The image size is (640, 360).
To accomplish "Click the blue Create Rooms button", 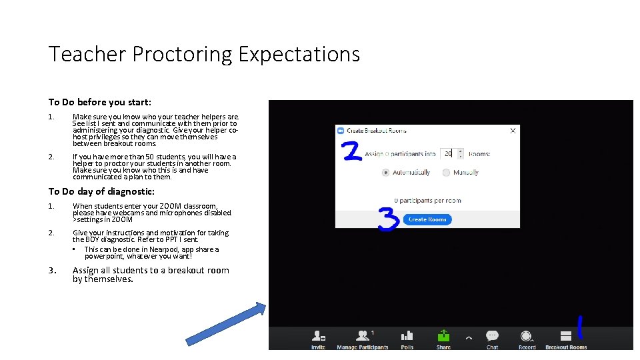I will coord(427,219).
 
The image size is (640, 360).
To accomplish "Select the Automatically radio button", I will coord(385,172).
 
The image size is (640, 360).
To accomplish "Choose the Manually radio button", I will coord(445,172).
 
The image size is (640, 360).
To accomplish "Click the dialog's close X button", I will coord(513,131).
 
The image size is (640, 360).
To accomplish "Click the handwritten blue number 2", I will coord(352,151).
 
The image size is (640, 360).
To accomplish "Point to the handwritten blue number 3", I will coord(388,219).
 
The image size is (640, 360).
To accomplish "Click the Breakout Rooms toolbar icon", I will coord(566,337).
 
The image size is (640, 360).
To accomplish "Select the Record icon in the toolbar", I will coord(527,337).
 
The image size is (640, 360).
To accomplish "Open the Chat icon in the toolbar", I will coord(492,337).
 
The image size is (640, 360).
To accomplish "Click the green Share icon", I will coord(443,336).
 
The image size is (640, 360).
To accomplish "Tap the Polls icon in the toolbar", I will coord(407,336).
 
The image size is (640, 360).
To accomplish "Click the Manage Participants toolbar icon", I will coord(362,336).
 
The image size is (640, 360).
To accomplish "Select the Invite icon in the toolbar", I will coord(319,336).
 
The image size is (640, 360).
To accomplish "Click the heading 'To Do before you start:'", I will coord(99,102).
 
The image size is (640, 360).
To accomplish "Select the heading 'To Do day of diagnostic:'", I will coord(101,191).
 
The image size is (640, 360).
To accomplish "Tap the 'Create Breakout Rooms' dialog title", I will coord(376,131).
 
